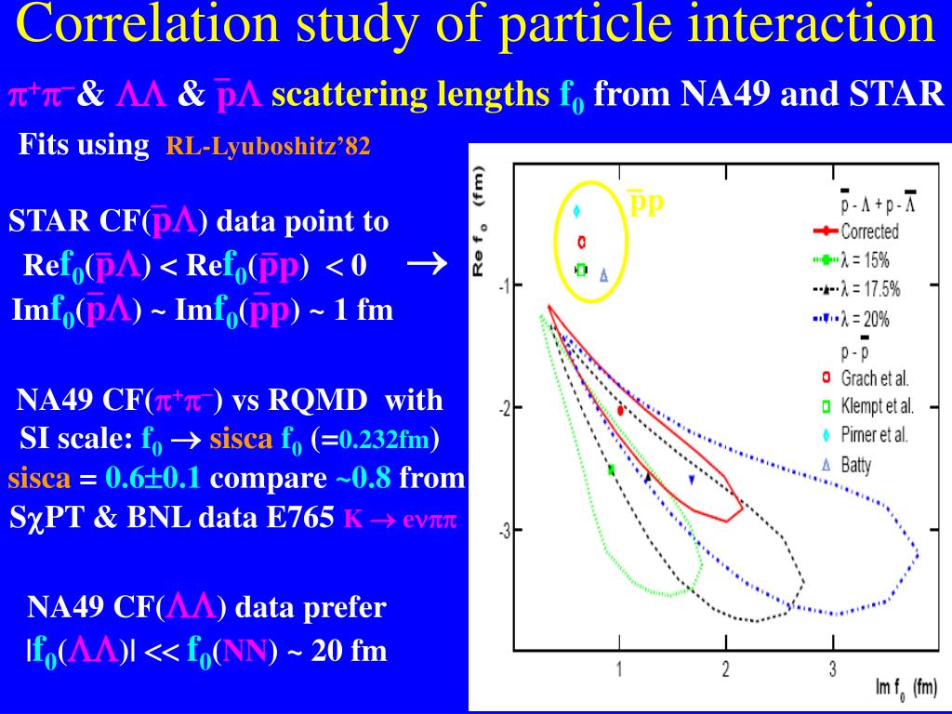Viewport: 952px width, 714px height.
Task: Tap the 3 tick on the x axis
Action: (833, 668)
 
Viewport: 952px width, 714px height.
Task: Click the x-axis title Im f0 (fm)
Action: (906, 688)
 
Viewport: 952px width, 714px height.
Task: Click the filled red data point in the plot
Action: (620, 410)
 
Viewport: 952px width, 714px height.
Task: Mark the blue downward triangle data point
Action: (691, 480)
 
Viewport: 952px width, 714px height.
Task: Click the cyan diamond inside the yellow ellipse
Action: (576, 211)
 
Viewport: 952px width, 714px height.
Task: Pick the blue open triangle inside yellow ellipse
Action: (603, 275)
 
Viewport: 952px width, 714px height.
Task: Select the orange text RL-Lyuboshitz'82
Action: (268, 147)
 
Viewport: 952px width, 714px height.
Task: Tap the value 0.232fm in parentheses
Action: (383, 440)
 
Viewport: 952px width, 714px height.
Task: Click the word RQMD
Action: (320, 402)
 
